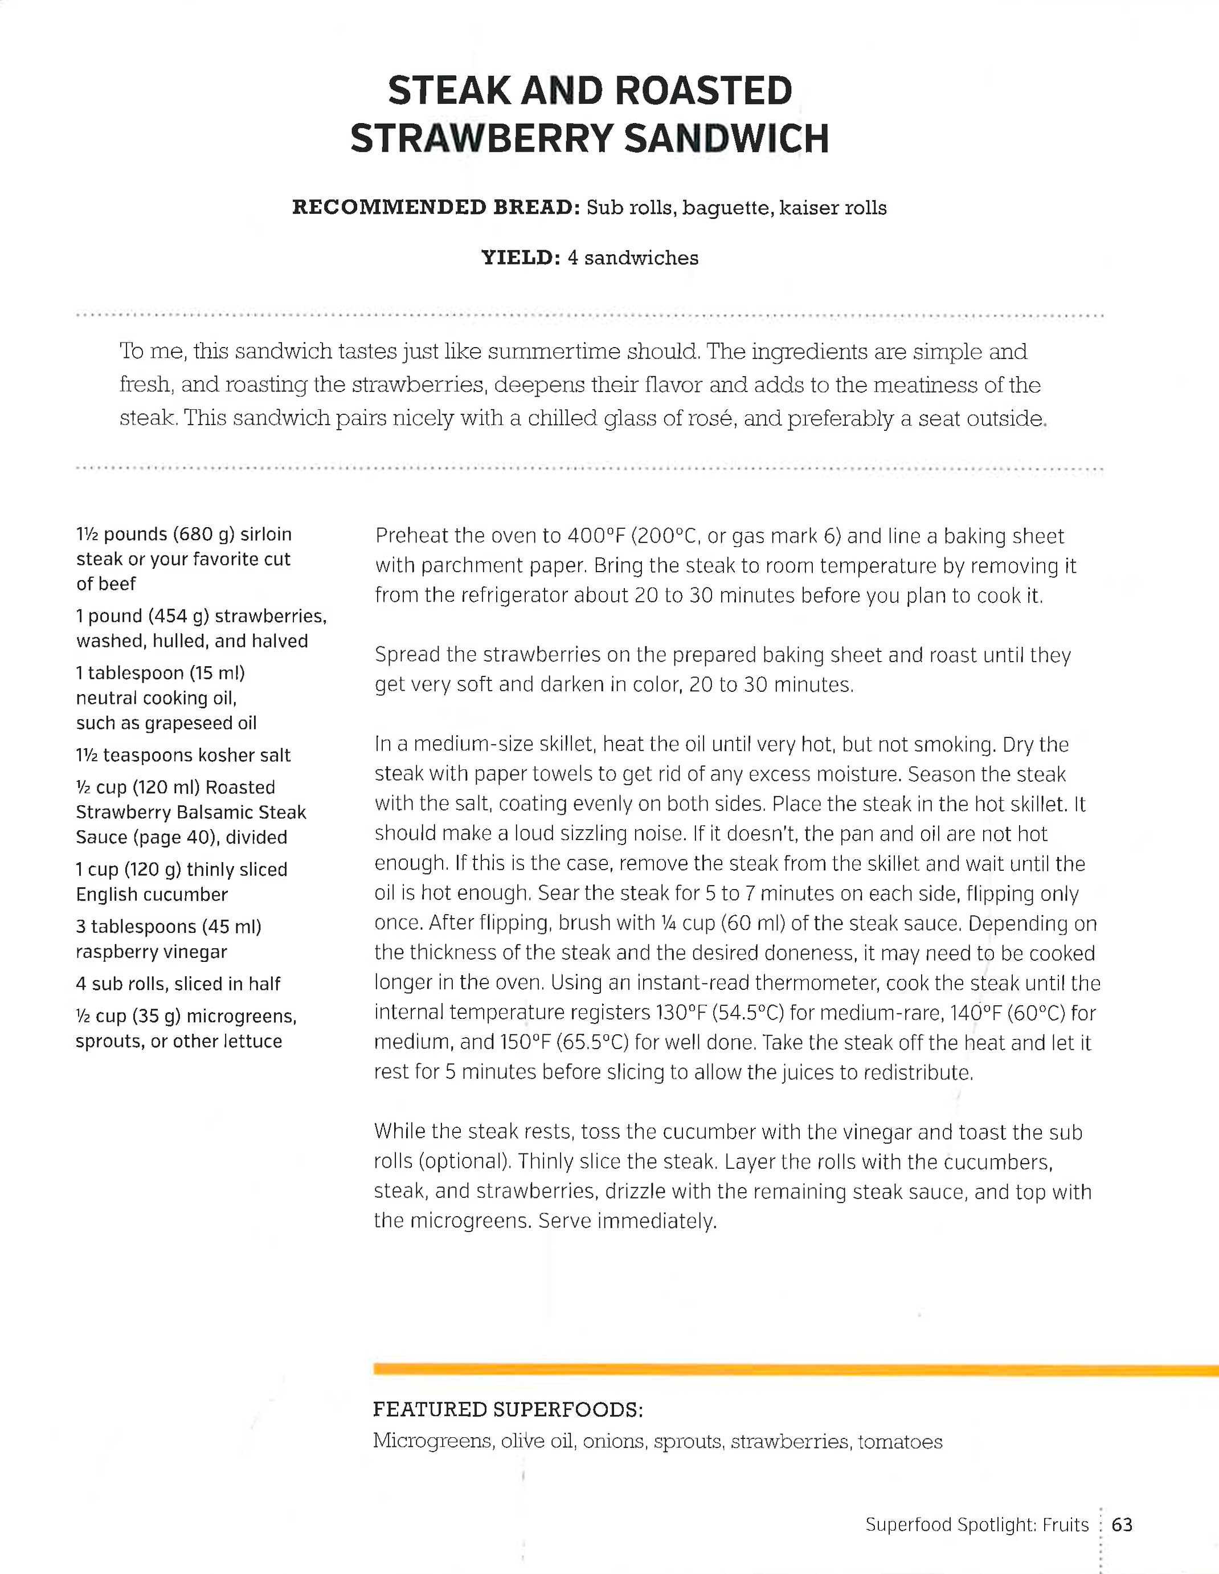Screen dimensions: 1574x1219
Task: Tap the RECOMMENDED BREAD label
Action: (436, 207)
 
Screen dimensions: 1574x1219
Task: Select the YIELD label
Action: (520, 258)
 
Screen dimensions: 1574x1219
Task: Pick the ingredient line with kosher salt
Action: (183, 755)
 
